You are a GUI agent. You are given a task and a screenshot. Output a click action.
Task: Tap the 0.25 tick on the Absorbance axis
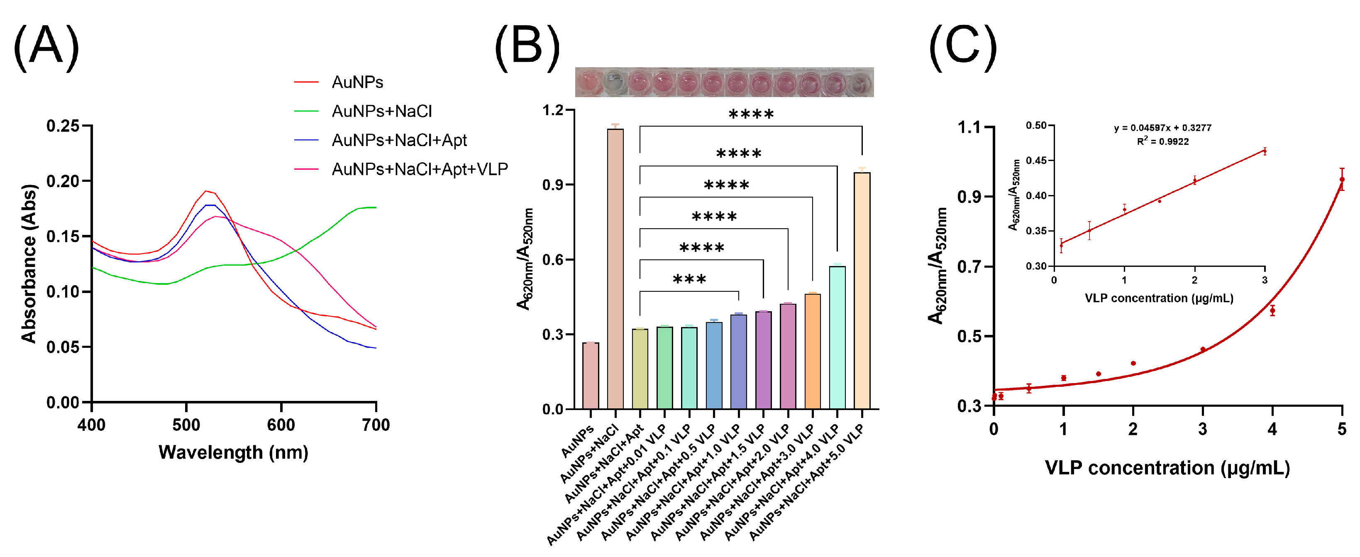click(x=62, y=126)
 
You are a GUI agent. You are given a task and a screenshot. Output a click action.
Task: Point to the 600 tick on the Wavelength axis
click(x=281, y=425)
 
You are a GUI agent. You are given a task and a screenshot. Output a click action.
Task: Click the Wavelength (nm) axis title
click(x=233, y=452)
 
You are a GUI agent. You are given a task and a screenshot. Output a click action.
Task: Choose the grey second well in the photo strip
click(x=614, y=82)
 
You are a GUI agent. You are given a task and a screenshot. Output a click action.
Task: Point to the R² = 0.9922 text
click(x=1162, y=142)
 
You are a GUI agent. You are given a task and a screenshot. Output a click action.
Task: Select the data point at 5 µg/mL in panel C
click(x=1342, y=179)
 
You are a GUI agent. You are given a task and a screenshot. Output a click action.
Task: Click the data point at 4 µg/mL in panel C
click(x=1272, y=310)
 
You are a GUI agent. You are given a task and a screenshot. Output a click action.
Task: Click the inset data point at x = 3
click(x=1265, y=151)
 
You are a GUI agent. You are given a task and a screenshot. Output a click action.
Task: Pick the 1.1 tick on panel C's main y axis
click(x=969, y=127)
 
